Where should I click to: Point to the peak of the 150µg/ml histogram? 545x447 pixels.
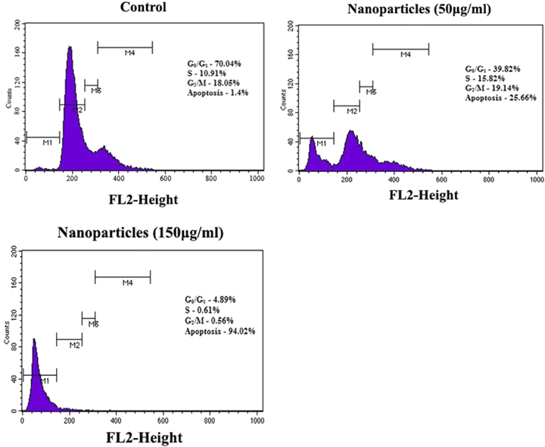tap(34, 340)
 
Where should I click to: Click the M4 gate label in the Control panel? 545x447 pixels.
tap(129, 52)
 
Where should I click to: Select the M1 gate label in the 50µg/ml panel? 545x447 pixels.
tap(321, 142)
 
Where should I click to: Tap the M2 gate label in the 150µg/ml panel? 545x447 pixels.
tap(74, 345)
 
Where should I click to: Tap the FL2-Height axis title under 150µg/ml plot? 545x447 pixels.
tap(144, 436)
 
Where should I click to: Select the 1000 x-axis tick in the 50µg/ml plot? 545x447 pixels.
tap(536, 179)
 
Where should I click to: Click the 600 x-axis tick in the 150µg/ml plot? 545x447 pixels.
tap(164, 420)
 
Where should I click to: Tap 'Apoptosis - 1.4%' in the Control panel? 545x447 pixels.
tap(218, 92)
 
